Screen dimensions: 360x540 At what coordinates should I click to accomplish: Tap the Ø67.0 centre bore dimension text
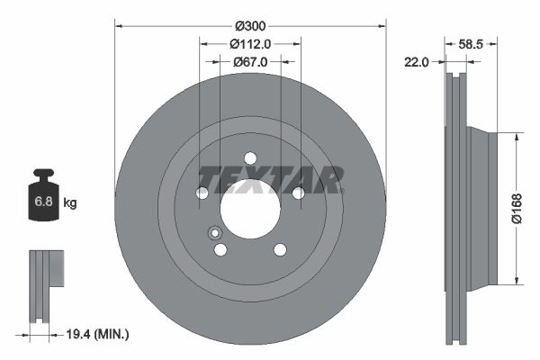tap(250, 62)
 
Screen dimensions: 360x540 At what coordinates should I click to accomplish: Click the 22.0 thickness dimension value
tap(417, 62)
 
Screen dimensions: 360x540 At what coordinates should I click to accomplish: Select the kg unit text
tap(70, 203)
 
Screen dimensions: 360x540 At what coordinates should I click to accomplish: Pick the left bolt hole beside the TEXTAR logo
tap(202, 193)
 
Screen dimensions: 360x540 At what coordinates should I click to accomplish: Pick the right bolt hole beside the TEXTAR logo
tap(298, 193)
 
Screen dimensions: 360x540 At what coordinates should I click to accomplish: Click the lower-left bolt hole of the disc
tap(220, 249)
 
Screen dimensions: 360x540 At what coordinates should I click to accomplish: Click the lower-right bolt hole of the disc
tap(280, 249)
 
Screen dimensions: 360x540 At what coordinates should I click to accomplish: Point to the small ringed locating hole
tap(215, 233)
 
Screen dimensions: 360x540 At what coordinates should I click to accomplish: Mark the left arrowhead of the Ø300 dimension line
tap(119, 26)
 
